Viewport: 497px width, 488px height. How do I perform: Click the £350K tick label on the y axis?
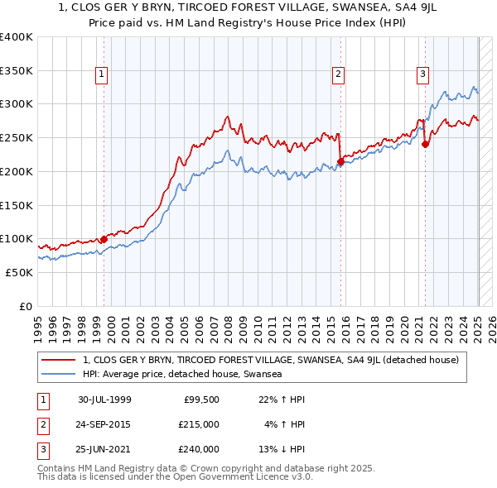[x=17, y=70]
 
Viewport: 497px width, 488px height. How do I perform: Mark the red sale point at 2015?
[x=340, y=161]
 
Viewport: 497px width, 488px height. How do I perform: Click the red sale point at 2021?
[x=425, y=145]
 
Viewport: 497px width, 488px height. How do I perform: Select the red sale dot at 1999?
[x=104, y=239]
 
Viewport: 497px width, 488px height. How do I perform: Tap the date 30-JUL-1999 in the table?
[x=104, y=399]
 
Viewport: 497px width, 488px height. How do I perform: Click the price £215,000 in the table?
[x=199, y=424]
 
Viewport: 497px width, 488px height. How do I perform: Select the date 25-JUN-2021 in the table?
[x=104, y=449]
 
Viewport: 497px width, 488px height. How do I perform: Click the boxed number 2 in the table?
[x=42, y=424]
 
